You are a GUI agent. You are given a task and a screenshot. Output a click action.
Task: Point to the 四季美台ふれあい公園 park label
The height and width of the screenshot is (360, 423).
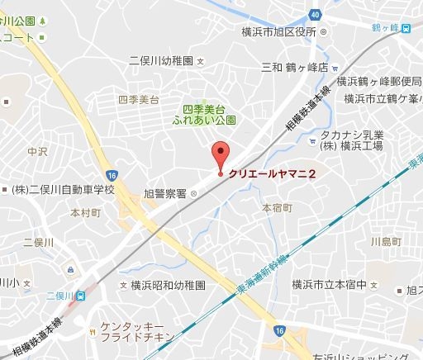click(x=208, y=113)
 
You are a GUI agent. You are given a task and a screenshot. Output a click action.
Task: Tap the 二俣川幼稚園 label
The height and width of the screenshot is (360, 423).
click(x=161, y=61)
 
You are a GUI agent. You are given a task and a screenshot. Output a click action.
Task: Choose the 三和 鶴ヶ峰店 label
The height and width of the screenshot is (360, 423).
click(x=295, y=68)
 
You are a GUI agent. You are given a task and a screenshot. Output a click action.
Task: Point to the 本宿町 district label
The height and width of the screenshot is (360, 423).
click(x=276, y=208)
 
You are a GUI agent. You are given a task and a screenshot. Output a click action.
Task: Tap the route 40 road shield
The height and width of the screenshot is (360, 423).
click(x=315, y=14)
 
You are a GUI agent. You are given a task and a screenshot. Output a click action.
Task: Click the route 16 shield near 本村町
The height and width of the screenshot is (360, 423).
click(x=112, y=173)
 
